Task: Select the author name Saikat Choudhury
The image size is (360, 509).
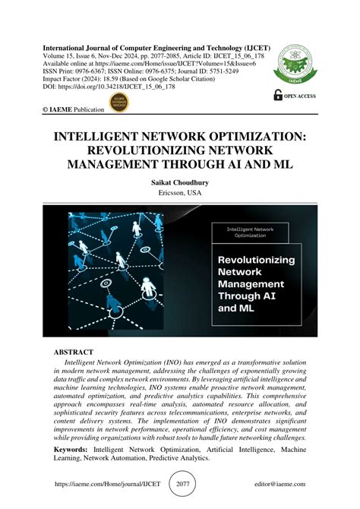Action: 180,182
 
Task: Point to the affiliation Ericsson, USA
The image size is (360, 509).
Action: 180,194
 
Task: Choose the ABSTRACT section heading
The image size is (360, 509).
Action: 73,353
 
